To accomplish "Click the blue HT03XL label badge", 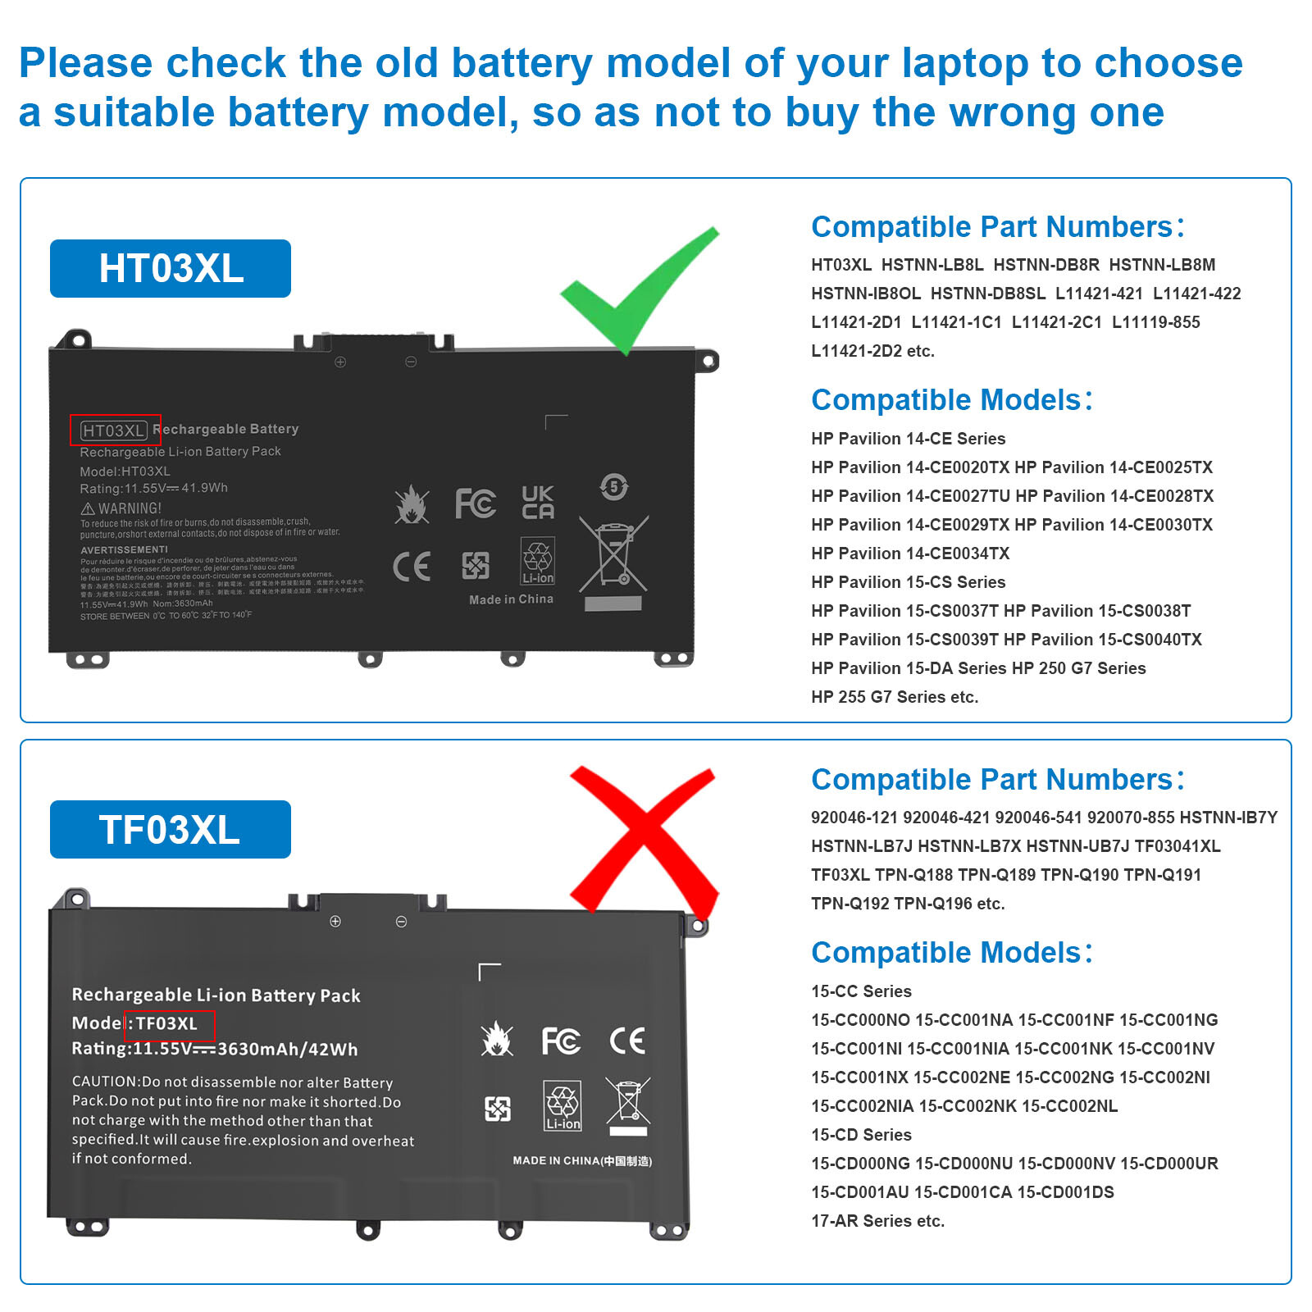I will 171,269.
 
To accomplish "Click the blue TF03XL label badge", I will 171,830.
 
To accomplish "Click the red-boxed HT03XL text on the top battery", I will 115,430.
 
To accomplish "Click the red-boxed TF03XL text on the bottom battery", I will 169,1024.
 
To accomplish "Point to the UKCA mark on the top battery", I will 538,502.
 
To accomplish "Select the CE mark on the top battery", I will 412,566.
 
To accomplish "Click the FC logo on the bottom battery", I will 561,1041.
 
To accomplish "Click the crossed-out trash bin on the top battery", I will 614,555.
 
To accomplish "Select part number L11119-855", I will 1155,322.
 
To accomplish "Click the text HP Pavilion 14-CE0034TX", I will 910,553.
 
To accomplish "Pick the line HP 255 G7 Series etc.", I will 895,697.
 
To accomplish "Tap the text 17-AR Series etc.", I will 877,1221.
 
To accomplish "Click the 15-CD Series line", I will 861,1135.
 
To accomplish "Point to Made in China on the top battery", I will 511,599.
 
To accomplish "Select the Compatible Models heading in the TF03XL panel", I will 951,953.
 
